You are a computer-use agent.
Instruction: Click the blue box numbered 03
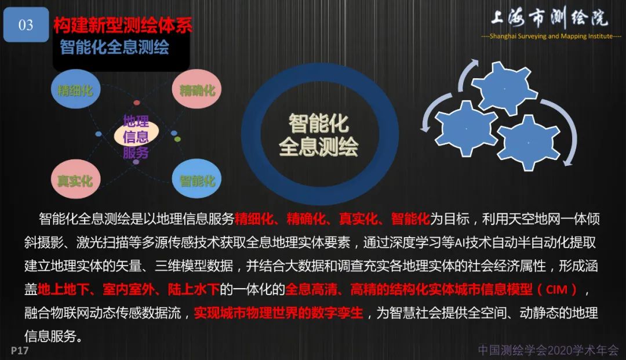point(26,25)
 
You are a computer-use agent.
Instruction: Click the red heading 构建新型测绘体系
point(122,25)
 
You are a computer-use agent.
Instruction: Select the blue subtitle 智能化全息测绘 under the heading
point(114,48)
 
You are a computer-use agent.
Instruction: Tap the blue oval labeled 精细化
point(75,90)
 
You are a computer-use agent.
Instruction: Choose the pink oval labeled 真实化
point(75,180)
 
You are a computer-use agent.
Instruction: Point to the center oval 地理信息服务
point(136,137)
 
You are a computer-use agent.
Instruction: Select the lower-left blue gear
point(466,128)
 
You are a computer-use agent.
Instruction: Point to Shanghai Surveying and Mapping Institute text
point(551,37)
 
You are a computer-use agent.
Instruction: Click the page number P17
point(20,351)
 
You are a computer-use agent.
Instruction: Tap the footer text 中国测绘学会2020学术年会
point(548,350)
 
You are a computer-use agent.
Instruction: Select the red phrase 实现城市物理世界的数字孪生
point(278,313)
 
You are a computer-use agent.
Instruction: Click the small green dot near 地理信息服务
point(177,139)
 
